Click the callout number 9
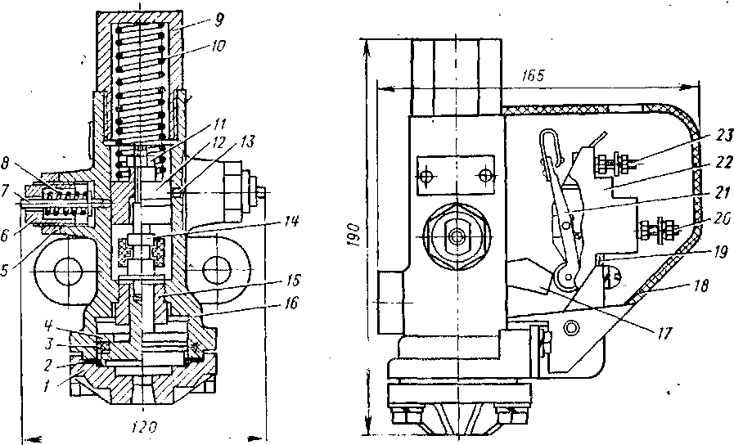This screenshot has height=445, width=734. point(218,20)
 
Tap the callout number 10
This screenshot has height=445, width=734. point(218,47)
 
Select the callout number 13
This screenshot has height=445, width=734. point(248,141)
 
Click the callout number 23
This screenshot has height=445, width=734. point(725,137)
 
